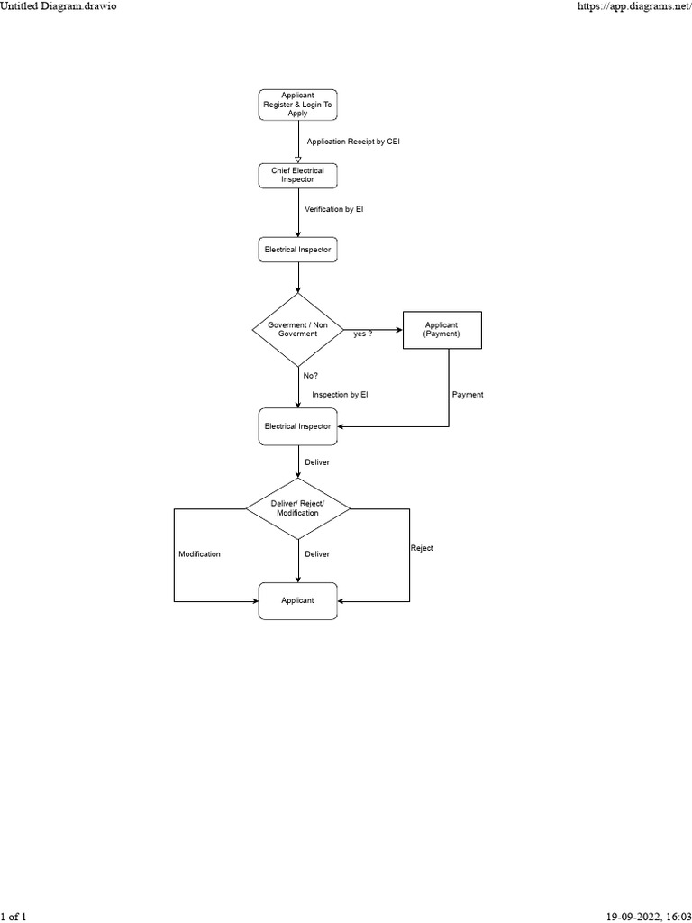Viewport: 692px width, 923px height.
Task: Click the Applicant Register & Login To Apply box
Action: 297,105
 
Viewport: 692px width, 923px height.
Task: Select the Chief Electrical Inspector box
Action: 297,175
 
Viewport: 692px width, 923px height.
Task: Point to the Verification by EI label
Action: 333,209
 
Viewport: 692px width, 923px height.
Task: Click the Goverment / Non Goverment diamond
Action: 297,329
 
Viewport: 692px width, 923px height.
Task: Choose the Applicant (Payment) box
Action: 442,330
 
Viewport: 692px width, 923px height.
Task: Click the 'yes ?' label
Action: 363,334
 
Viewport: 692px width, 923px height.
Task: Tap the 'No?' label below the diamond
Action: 310,375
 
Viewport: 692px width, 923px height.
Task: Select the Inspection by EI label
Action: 340,395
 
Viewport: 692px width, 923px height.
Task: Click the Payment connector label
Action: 468,395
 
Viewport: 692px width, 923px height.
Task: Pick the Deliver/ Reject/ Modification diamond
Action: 297,508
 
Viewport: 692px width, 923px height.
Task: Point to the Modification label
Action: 199,554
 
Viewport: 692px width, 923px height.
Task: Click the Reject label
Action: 422,548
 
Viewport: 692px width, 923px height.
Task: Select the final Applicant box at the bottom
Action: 297,601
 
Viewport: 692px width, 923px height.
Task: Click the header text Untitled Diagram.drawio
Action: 59,6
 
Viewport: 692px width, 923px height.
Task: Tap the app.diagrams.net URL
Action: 633,6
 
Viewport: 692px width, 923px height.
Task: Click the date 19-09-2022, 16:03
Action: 646,916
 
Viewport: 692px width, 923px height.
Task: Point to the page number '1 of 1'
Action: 14,916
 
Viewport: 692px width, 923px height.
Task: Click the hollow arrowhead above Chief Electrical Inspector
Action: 297,159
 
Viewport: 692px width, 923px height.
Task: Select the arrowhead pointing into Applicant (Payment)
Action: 397,330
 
